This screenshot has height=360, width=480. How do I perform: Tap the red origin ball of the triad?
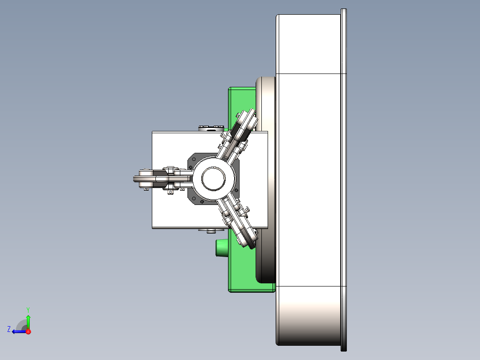pos(28,331)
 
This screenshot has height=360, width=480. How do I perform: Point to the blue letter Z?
pos(9,329)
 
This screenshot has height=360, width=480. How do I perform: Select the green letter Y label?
pos(28,309)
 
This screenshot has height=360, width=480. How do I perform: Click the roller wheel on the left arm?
pos(144,179)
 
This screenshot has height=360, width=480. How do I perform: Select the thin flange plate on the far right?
pos(343,178)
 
